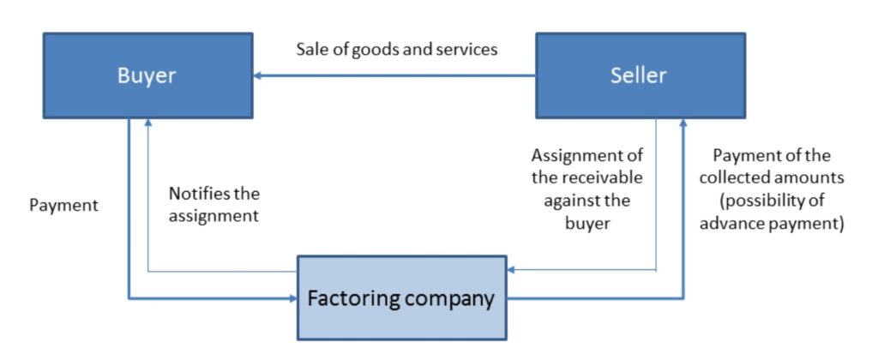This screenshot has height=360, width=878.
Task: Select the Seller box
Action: (x=639, y=75)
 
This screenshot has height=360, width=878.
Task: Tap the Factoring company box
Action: (x=401, y=298)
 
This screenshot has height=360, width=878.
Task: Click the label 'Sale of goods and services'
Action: (x=397, y=50)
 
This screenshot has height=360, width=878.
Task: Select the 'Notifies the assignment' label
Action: (x=213, y=205)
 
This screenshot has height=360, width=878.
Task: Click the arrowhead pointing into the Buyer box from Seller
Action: (x=258, y=76)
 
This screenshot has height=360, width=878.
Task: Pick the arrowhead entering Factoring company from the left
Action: (x=292, y=298)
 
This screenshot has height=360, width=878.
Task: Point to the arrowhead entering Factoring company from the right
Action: (x=512, y=270)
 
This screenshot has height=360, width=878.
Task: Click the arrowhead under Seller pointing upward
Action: (x=683, y=125)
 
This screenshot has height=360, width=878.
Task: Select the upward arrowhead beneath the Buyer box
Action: (x=149, y=125)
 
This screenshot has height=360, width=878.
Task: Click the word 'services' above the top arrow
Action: (x=468, y=50)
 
